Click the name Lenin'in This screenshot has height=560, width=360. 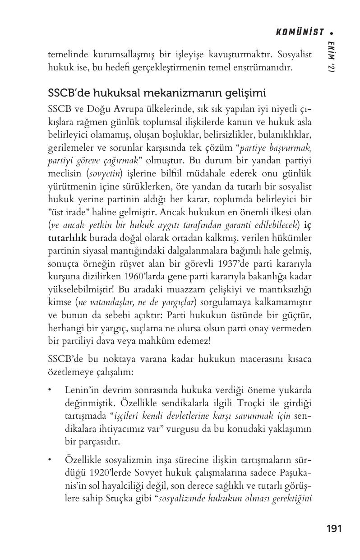pyautogui.click(x=82, y=389)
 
